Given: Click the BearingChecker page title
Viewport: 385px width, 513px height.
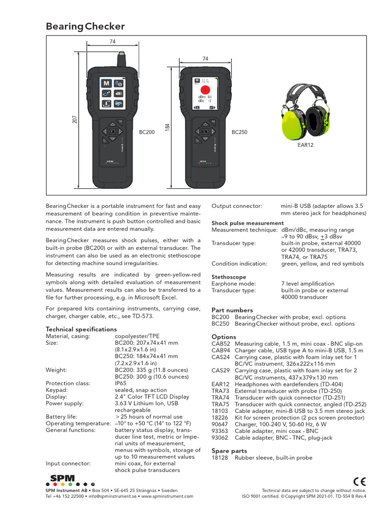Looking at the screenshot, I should tap(85, 27).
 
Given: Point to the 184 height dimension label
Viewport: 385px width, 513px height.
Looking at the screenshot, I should tap(168, 128).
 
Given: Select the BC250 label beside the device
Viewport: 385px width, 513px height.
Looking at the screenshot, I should tap(239, 132).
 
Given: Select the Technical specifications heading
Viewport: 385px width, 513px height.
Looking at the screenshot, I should tap(81, 329).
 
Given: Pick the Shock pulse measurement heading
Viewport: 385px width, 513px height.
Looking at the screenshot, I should tap(247, 223).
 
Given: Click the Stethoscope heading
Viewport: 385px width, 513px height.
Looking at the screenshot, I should tap(229, 277).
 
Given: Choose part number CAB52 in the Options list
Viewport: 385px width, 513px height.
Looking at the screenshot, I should tap(221, 344).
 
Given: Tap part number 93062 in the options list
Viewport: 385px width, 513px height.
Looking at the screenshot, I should tap(220, 437).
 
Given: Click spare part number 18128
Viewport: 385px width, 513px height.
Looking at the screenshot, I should tap(220, 457).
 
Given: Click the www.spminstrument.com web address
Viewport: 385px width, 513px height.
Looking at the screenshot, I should tap(167, 496).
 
